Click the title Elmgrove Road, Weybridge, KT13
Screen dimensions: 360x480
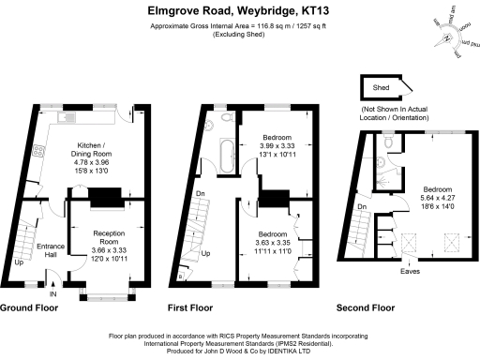coord(239,11)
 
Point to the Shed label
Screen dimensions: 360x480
coord(382,88)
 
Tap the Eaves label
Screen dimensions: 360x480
coord(411,272)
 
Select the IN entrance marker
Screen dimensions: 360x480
coord(53,294)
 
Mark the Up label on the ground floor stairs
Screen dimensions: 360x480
coord(20,262)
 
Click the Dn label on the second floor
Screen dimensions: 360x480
coord(362,207)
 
